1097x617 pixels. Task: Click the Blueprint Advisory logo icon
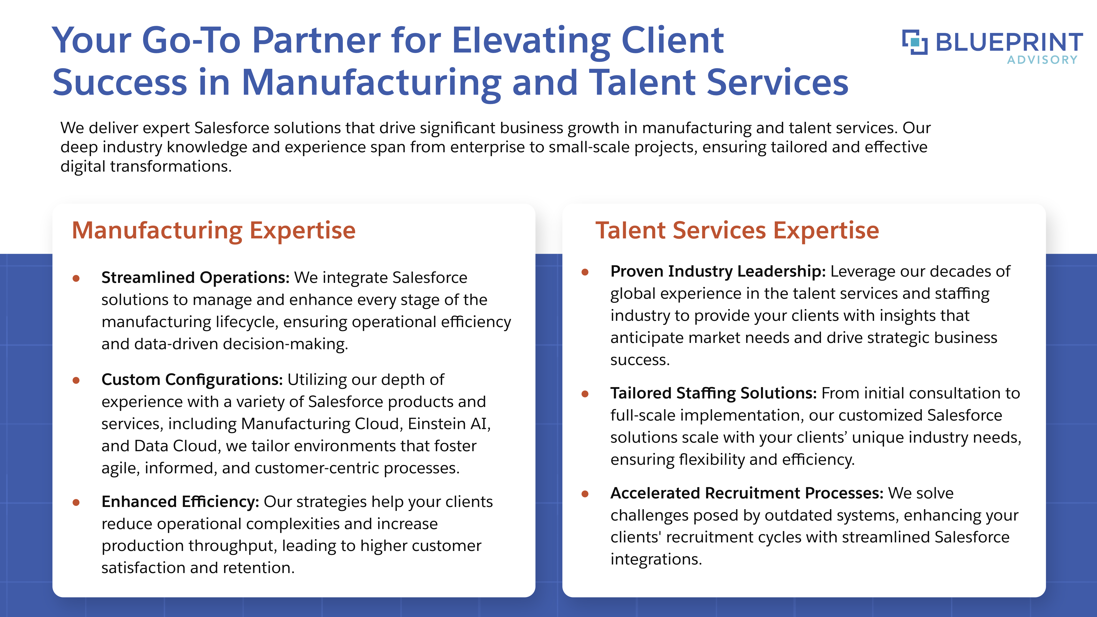point(915,42)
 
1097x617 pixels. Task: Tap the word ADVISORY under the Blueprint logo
point(1042,60)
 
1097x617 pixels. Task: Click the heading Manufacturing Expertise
point(213,231)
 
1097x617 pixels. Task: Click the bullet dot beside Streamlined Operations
point(76,279)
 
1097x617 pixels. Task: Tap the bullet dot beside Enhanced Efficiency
point(76,503)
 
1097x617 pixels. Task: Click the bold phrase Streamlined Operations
point(195,277)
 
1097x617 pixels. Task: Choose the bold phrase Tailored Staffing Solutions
point(713,393)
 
